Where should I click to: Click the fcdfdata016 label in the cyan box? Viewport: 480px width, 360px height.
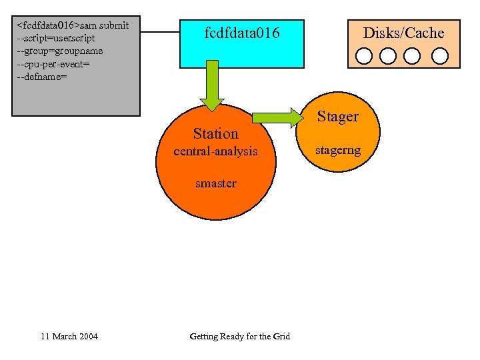pos(242,33)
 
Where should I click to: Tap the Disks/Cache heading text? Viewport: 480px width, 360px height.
pos(403,33)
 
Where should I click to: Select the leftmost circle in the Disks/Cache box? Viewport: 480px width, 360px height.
pos(364,55)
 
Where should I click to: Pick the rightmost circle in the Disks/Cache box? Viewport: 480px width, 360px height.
pos(439,55)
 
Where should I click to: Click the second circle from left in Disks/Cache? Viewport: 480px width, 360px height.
pos(388,55)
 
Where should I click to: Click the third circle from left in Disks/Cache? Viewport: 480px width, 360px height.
pos(412,55)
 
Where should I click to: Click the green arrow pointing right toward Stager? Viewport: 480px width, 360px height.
pos(277,119)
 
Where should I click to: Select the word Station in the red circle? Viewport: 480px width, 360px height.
pos(215,133)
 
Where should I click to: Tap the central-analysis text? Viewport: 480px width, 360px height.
pos(215,151)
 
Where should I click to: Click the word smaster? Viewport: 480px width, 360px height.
pos(215,183)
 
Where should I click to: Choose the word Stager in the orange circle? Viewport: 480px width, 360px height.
pos(337,117)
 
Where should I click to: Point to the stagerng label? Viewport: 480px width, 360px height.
pos(337,150)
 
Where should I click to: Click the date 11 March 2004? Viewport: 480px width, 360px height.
pos(69,336)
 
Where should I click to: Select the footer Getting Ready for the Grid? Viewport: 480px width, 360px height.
pos(239,336)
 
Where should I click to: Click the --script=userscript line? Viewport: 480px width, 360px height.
pos(56,38)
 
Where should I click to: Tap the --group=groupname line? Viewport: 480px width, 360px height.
pos(59,51)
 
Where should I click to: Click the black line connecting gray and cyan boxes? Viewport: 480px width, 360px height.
pos(160,31)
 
